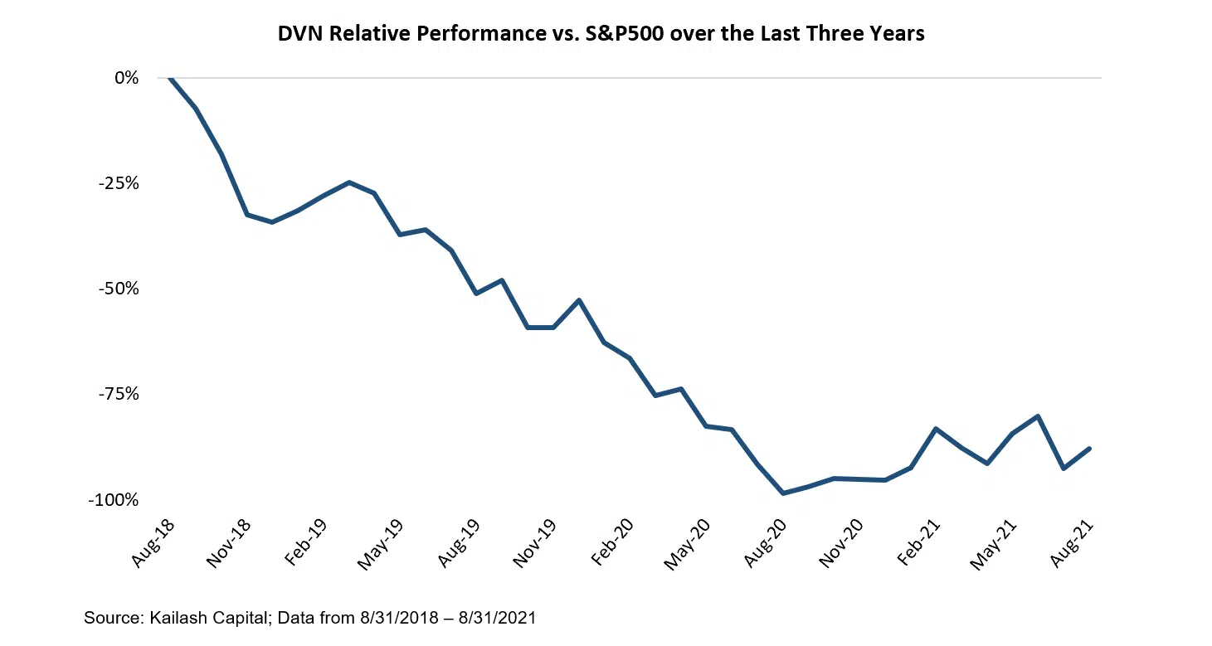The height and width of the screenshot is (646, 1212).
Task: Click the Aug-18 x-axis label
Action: pos(153,545)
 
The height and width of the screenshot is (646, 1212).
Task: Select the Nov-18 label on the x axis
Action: pos(230,545)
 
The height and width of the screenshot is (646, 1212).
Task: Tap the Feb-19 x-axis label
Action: pos(306,545)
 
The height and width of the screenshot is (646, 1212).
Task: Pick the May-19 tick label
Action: pos(382,545)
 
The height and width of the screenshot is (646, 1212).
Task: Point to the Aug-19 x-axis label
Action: pos(460,545)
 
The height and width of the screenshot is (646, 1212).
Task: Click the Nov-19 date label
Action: pos(536,545)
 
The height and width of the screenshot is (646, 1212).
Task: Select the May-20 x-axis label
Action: pos(689,545)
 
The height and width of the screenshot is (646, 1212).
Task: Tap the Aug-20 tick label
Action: pos(766,545)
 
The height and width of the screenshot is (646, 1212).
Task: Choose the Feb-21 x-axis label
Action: pos(918,545)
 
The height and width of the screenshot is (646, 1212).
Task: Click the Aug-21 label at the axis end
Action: pos(1072,545)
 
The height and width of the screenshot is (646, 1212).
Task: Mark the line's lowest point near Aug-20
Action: pos(782,493)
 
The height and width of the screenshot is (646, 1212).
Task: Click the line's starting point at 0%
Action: pos(170,78)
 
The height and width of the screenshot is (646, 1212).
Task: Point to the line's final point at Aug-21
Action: pos(1088,449)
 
